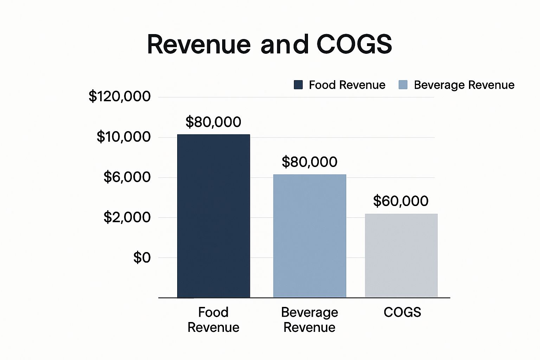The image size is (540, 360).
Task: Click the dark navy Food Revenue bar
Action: pos(213,216)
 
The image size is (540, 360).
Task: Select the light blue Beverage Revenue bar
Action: pos(309,236)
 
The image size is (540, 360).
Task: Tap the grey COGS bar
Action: pos(401,256)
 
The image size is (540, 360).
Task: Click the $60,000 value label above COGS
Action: pos(400,201)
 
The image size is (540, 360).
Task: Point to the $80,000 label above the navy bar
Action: pos(213,122)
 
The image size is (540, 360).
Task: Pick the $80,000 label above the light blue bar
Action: pos(309,162)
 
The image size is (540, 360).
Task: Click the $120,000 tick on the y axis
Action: pos(120,96)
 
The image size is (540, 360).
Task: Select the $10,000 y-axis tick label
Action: pos(123,137)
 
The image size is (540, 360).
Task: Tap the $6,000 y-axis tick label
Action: pos(127,177)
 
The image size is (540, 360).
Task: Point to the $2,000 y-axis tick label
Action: pos(127,217)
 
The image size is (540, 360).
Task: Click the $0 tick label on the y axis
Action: pos(142,258)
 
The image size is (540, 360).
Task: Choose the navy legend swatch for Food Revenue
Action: pos(298,85)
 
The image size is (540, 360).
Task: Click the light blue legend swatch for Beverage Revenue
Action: pos(403,85)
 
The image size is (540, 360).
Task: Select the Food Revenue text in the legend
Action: pos(347,85)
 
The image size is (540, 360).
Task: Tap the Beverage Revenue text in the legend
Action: pos(464,85)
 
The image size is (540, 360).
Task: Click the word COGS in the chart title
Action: pos(354,44)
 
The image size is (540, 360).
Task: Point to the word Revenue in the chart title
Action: pos(199,44)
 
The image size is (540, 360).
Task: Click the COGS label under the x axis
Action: pos(402,312)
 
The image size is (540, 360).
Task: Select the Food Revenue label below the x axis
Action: pos(213,320)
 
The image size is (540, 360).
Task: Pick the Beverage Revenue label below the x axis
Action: pos(309,320)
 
